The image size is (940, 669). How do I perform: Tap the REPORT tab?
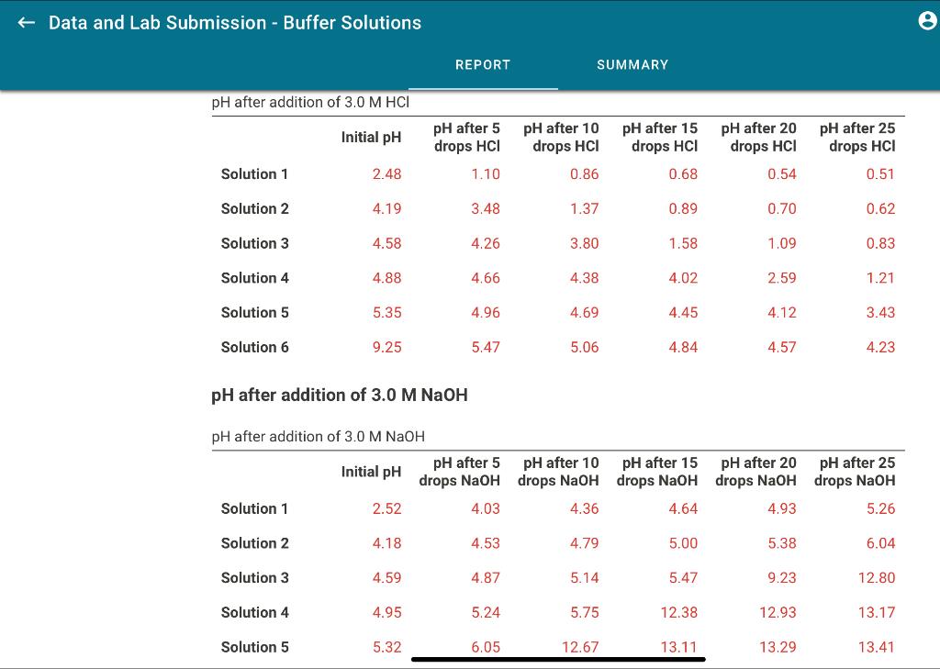point(483,64)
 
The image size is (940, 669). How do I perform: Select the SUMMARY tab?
point(632,64)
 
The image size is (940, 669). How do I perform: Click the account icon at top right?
point(927,24)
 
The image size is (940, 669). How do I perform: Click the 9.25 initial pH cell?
point(386,347)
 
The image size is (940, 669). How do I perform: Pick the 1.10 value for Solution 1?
point(486,174)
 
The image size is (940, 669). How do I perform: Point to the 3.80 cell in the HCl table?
point(584,243)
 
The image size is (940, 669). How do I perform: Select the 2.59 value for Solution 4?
point(781,278)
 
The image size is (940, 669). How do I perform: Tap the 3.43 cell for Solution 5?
point(879,313)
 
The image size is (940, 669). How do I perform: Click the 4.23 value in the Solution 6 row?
point(879,347)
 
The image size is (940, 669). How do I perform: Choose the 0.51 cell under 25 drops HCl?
point(879,174)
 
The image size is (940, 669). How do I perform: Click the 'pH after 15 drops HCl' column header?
point(660,137)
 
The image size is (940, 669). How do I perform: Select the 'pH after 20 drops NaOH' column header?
point(757,472)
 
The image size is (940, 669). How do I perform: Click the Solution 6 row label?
point(255,347)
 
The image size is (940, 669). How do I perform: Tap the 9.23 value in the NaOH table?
point(781,578)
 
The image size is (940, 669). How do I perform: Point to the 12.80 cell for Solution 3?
point(877,578)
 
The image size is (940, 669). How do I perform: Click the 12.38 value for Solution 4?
point(678,612)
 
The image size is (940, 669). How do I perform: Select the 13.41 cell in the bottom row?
point(877,647)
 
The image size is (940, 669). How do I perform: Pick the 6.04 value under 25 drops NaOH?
point(879,543)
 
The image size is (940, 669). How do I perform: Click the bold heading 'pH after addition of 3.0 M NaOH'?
point(340,395)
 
